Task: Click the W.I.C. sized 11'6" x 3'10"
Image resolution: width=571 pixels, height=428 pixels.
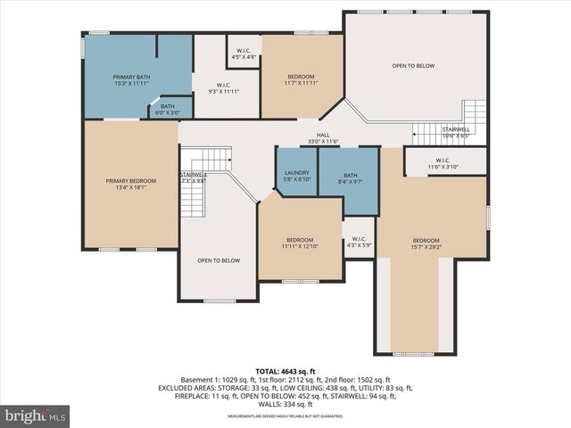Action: [443, 163]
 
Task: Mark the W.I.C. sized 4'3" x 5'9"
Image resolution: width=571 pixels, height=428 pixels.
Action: [360, 241]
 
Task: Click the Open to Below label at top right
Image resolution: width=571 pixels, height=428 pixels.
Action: [413, 66]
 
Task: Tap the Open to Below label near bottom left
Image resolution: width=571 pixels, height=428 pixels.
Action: [219, 260]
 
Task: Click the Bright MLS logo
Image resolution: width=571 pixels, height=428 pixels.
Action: [35, 416]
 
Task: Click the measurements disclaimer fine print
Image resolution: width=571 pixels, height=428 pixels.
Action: [286, 416]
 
